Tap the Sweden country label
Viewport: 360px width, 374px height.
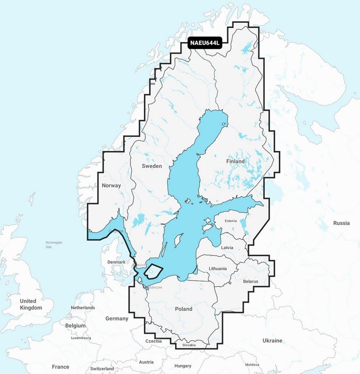[x=152, y=166]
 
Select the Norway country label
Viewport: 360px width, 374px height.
[x=111, y=185]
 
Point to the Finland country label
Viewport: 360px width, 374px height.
[x=235, y=161]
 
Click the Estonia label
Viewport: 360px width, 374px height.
[x=231, y=221]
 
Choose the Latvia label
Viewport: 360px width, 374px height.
[x=227, y=247]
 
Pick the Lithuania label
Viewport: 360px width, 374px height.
[x=218, y=268]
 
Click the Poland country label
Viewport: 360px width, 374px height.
[x=183, y=309]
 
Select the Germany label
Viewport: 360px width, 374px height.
[x=117, y=318]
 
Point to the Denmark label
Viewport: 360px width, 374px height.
[x=116, y=262]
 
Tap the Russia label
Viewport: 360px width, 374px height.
[x=341, y=223]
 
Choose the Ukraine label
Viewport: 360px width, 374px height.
[x=272, y=341]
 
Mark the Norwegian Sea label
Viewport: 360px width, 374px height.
[x=54, y=245]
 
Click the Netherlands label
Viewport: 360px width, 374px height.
[x=83, y=308]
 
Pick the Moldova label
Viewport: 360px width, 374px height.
[x=252, y=364]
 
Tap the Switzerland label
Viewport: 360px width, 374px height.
[x=102, y=369]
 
